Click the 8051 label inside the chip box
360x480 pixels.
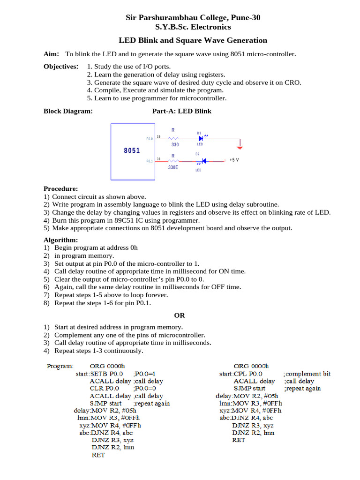point(132,150)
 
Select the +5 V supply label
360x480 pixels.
point(234,160)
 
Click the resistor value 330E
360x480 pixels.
point(173,167)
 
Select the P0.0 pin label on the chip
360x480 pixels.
point(150,139)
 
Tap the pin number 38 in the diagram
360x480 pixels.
point(159,158)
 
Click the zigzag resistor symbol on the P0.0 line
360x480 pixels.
point(173,139)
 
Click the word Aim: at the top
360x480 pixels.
point(51,54)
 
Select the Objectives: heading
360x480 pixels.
point(61,67)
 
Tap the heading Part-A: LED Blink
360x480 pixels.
point(182,111)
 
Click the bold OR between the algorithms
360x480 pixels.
point(180,315)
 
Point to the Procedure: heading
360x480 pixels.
point(60,188)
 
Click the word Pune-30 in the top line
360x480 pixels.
point(246,17)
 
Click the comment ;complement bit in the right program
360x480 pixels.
point(307,374)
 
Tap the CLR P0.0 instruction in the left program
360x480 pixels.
point(104,389)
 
